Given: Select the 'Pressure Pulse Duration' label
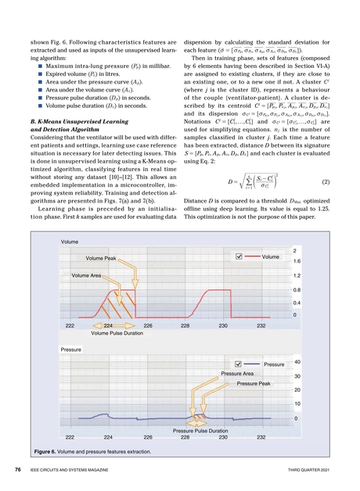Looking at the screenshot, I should (x=200, y=430).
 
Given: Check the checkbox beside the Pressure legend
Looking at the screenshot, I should (x=238, y=364).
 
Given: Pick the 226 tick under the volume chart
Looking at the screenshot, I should (x=148, y=324).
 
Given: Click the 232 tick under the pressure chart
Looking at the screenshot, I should (x=261, y=437).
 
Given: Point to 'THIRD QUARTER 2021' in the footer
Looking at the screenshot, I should (x=312, y=471).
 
